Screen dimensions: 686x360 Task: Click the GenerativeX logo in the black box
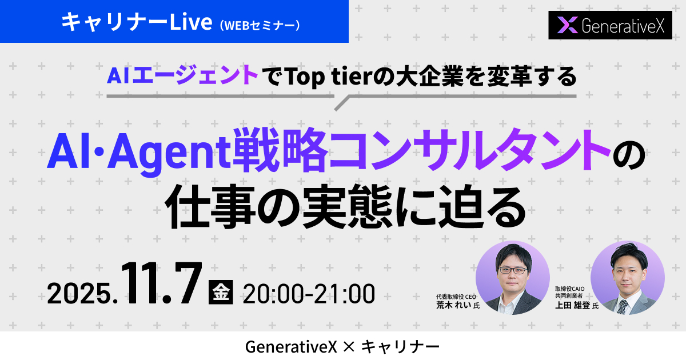pyautogui.click(x=610, y=25)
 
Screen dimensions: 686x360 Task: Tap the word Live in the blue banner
pyautogui.click(x=191, y=22)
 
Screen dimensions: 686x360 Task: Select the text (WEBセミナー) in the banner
pyautogui.click(x=260, y=26)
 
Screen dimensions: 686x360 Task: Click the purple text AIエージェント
pyautogui.click(x=182, y=75)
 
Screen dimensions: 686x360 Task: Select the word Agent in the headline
pyautogui.click(x=170, y=152)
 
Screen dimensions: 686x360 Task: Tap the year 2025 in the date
pyautogui.click(x=79, y=294)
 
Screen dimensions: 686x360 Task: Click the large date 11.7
pyautogui.click(x=162, y=283)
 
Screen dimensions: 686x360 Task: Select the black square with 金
pyautogui.click(x=221, y=292)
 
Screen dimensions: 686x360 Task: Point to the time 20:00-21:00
pyautogui.click(x=309, y=294)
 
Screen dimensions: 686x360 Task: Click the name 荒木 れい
pyautogui.click(x=453, y=305)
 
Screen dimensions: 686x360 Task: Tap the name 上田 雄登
pyautogui.click(x=572, y=305)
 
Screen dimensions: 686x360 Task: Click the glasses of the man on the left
pyautogui.click(x=513, y=270)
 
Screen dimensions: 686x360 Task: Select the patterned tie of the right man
pyautogui.click(x=623, y=307)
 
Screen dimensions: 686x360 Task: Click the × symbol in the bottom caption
pyautogui.click(x=349, y=347)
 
